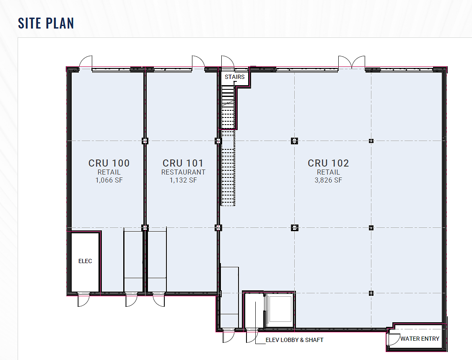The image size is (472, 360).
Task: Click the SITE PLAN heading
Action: [x=46, y=23]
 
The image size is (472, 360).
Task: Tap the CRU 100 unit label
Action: [x=109, y=163]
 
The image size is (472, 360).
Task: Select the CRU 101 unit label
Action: [x=183, y=163]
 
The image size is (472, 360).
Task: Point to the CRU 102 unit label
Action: [x=328, y=163]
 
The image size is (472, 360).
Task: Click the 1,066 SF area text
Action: [x=109, y=180]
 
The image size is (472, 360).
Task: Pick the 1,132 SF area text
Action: [x=183, y=180]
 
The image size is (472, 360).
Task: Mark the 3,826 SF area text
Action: [x=328, y=180]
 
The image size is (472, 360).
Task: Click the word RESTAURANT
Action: [x=183, y=172]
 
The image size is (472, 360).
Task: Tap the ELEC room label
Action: [x=85, y=261]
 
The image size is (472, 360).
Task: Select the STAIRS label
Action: [x=234, y=77]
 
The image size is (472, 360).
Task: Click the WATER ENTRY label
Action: [x=420, y=339]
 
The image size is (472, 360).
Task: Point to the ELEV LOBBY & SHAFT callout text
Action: [x=294, y=340]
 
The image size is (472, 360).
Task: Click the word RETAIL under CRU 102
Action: [x=328, y=172]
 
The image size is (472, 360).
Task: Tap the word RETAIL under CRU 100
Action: [x=109, y=172]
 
